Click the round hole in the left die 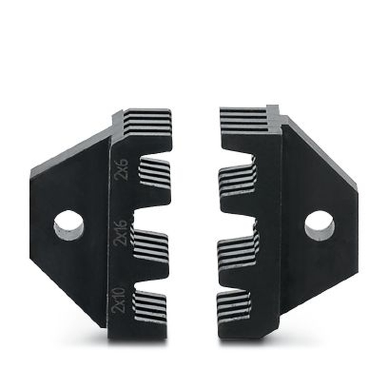click(x=69, y=225)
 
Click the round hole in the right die click(x=319, y=225)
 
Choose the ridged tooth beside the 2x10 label click(x=149, y=307)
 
